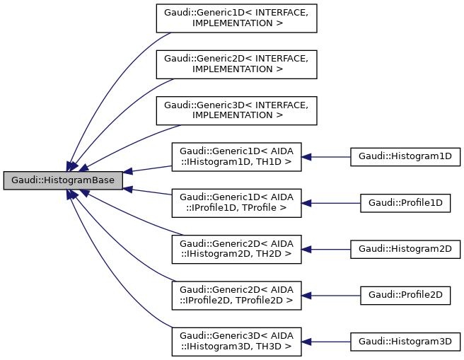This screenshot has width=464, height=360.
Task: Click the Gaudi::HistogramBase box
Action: pos(63,180)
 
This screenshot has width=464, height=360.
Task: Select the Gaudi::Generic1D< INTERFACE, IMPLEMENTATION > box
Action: pos(236,18)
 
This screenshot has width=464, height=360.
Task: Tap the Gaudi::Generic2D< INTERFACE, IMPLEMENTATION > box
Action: pos(236,64)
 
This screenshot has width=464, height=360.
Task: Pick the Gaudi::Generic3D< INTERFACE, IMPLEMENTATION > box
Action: pos(236,110)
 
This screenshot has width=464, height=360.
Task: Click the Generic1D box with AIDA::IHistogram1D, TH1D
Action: pos(236,156)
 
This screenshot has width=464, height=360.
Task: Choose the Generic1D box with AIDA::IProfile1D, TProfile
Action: pos(236,202)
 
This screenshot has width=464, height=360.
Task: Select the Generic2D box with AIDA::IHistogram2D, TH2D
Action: pos(236,248)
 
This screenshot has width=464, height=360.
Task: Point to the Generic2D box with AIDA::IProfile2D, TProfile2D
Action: pos(236,294)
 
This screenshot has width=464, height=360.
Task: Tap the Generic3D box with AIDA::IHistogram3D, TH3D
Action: pos(236,341)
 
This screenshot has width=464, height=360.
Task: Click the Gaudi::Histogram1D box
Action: pos(405,156)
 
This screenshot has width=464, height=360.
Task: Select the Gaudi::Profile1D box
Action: pos(405,202)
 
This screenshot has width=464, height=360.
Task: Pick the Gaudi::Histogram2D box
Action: pos(405,248)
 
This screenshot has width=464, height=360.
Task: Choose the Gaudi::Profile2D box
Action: pos(405,294)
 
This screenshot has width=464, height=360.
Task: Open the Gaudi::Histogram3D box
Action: pos(405,341)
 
